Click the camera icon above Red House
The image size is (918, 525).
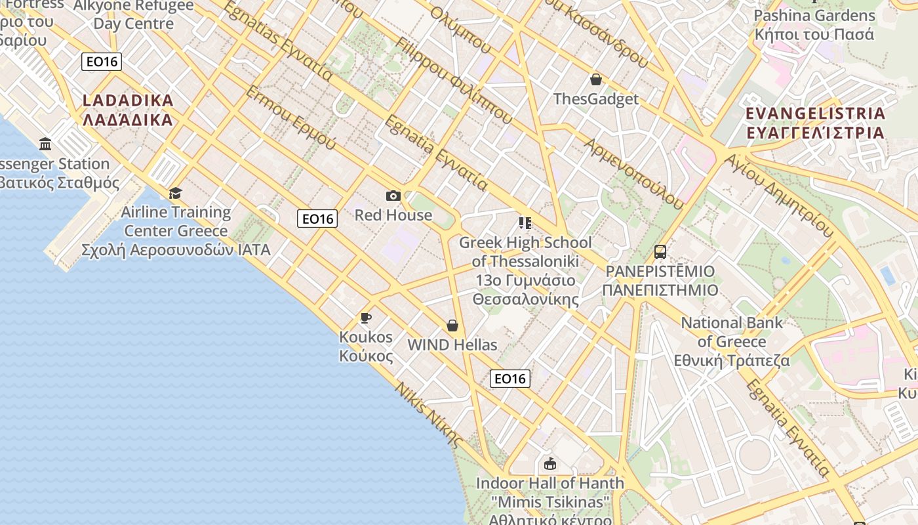click(x=393, y=196)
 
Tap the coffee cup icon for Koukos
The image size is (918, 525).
click(x=366, y=318)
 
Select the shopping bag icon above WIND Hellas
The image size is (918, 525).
click(x=452, y=325)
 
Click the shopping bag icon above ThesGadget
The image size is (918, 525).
click(x=596, y=80)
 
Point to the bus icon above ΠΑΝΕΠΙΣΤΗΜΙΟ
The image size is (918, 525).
click(x=660, y=251)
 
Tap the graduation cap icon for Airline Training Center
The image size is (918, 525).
click(x=175, y=193)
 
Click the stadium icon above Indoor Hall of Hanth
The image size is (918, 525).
click(x=549, y=463)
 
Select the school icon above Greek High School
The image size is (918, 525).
click(x=525, y=223)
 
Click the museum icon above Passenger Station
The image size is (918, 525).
click(x=45, y=144)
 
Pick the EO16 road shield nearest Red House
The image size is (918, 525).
click(x=317, y=219)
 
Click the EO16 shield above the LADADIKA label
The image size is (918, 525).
click(x=102, y=62)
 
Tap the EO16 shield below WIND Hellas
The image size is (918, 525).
click(x=510, y=378)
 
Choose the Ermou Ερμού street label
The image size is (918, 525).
click(x=290, y=117)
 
